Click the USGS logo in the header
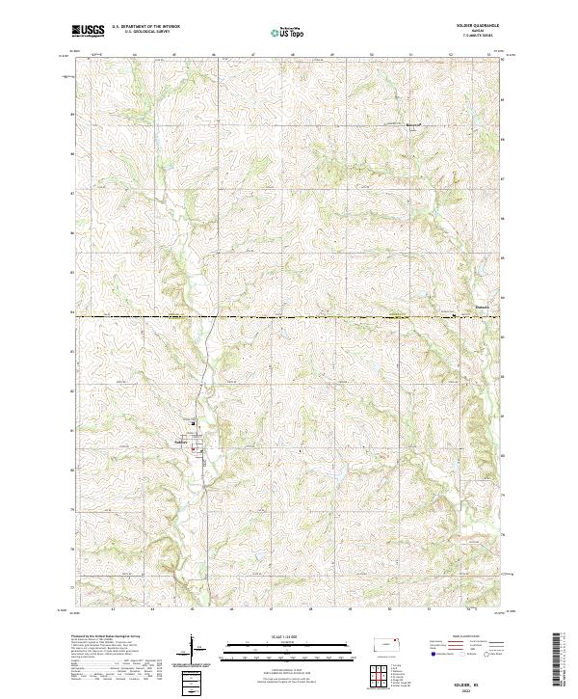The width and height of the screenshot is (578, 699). point(88,32)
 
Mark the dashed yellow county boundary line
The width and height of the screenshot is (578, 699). point(289,316)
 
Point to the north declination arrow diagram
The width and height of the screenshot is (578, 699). point(193,646)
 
